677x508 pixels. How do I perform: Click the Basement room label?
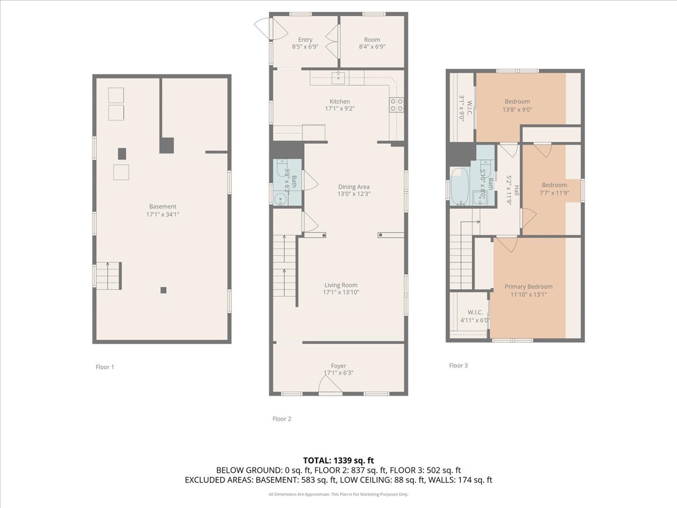coord(162,207)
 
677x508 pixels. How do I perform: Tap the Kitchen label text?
coord(340,102)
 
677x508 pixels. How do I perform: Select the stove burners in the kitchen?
coord(396,104)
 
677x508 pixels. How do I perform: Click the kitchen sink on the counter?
coord(340,77)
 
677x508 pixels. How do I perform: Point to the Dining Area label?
coord(354,187)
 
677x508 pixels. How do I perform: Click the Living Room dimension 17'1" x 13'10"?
coord(341,292)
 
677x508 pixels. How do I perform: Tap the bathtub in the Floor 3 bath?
coord(459,186)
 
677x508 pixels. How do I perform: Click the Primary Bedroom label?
coord(528,287)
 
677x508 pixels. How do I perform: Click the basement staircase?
coord(108,275)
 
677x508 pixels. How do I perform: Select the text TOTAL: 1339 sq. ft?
coord(338,461)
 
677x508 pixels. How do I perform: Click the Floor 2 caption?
coord(282,419)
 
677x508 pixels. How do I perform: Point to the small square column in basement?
coord(163,290)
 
